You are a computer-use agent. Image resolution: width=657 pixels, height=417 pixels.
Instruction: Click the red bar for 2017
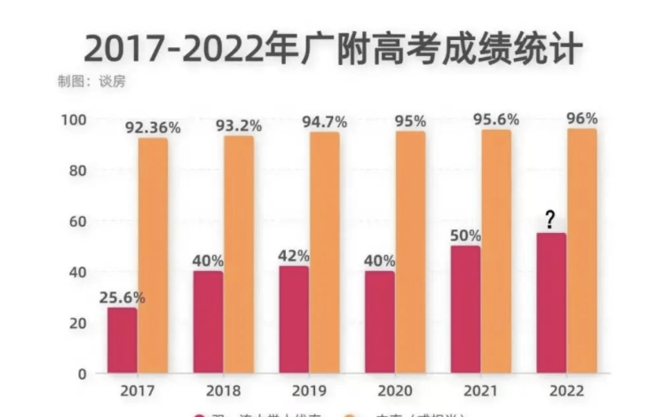[123, 340]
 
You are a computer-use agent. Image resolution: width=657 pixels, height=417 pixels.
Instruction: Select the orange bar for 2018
[239, 254]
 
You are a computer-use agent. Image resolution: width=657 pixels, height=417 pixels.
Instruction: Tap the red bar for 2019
[295, 318]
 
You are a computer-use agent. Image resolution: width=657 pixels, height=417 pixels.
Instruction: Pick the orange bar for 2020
[410, 252]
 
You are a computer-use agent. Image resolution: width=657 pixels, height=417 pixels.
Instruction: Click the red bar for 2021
[466, 309]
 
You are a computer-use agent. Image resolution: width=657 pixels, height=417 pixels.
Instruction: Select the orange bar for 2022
[582, 251]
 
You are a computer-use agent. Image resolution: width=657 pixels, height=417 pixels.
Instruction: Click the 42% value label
[295, 256]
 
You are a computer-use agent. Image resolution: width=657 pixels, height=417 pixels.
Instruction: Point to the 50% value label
[466, 236]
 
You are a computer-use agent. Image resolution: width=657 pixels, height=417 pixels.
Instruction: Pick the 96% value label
[582, 118]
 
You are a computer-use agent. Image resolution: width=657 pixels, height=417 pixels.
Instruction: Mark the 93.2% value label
[239, 126]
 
